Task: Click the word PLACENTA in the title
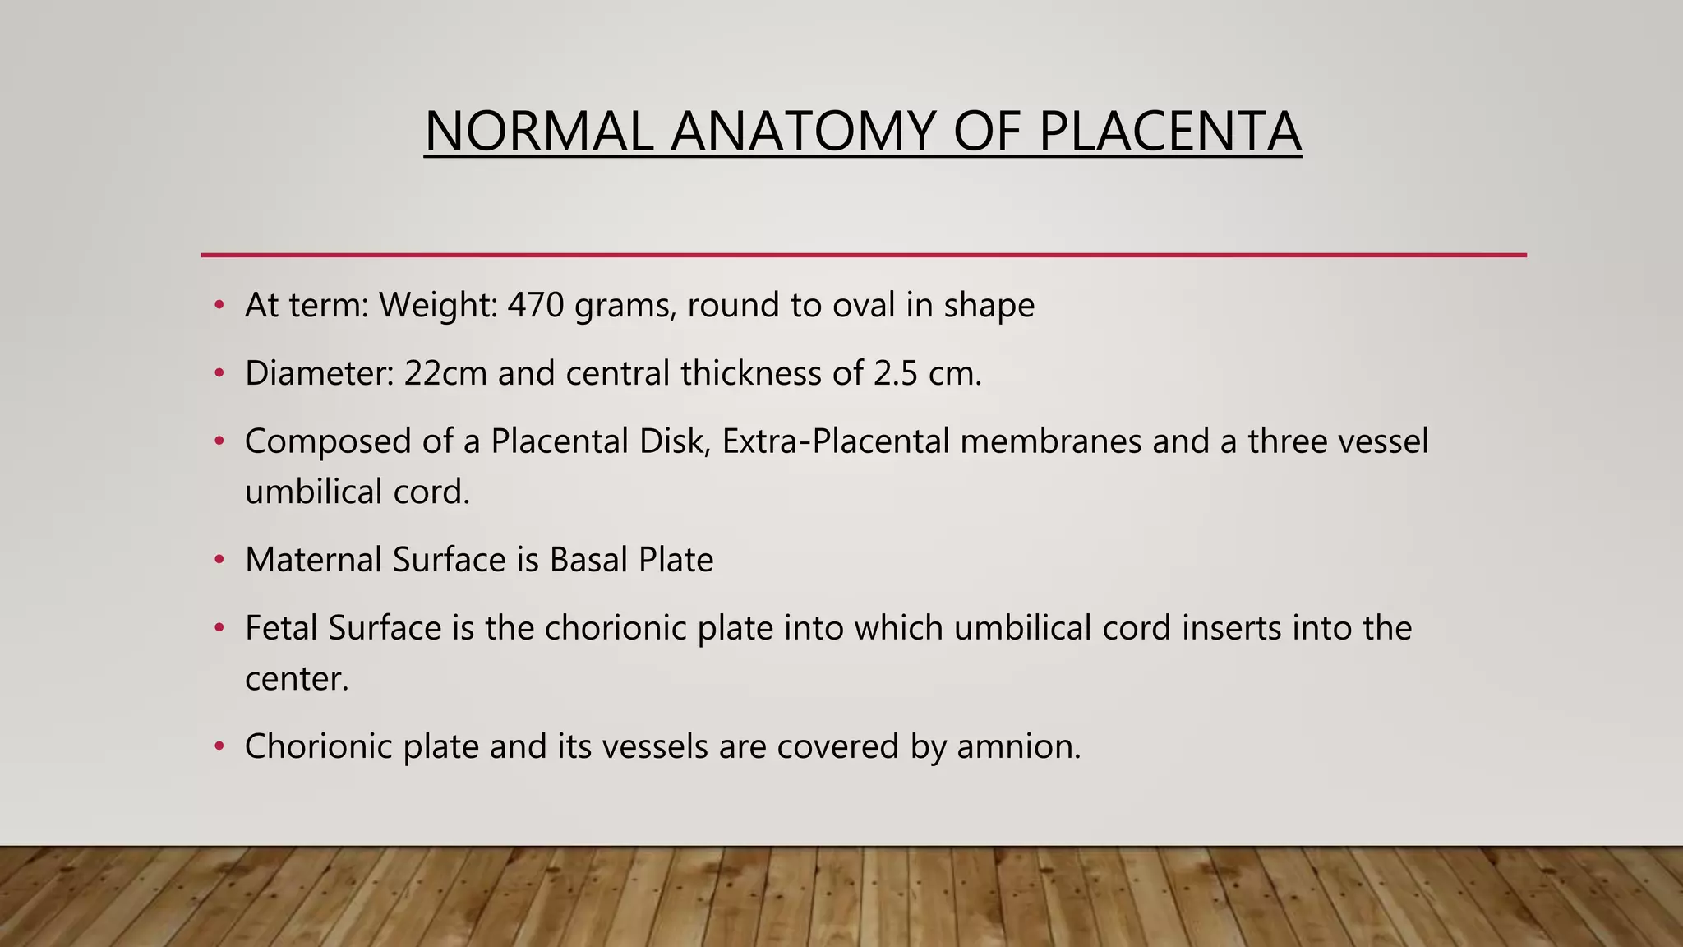point(1169,132)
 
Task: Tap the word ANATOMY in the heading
point(803,132)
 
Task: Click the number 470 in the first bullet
point(536,305)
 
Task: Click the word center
point(297,679)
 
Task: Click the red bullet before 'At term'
point(219,306)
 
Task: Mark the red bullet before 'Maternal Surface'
point(219,561)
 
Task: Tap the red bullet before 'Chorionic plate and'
point(219,747)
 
